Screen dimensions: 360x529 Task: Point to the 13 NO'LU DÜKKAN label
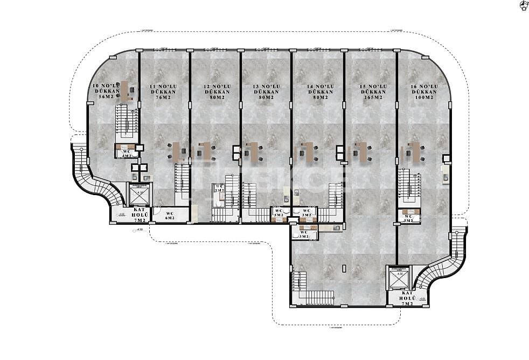pyautogui.click(x=266, y=92)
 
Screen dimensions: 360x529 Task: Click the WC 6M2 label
pyautogui.click(x=170, y=216)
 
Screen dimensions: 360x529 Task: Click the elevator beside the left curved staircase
pyautogui.click(x=141, y=195)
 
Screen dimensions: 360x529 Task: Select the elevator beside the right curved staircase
pyautogui.click(x=399, y=278)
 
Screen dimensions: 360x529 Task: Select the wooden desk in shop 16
pyautogui.click(x=416, y=152)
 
